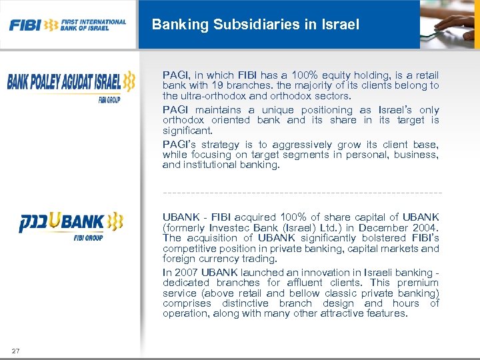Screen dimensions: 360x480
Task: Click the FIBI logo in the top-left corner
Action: (67, 25)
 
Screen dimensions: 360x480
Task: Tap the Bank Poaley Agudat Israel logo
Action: (71, 85)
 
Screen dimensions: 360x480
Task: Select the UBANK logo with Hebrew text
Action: (71, 223)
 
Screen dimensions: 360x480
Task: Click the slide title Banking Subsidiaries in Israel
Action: (255, 25)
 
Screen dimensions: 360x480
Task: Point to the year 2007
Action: (187, 272)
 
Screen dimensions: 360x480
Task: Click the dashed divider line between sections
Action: (301, 193)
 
